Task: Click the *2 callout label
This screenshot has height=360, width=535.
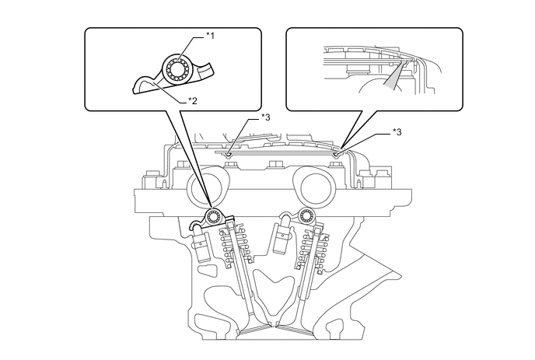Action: [x=192, y=100]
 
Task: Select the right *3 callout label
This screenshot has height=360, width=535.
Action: [x=398, y=133]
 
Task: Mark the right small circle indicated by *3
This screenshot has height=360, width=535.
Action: [x=336, y=153]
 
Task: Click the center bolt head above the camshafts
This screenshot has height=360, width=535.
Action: [x=274, y=165]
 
